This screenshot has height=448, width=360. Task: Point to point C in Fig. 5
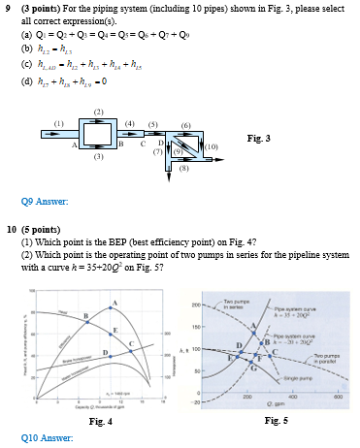[x=273, y=351]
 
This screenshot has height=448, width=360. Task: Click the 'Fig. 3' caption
[x=260, y=139]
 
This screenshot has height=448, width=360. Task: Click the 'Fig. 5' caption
[x=276, y=420]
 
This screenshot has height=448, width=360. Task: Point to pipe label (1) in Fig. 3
[x=59, y=123]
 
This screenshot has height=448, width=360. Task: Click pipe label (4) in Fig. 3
[x=130, y=124]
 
